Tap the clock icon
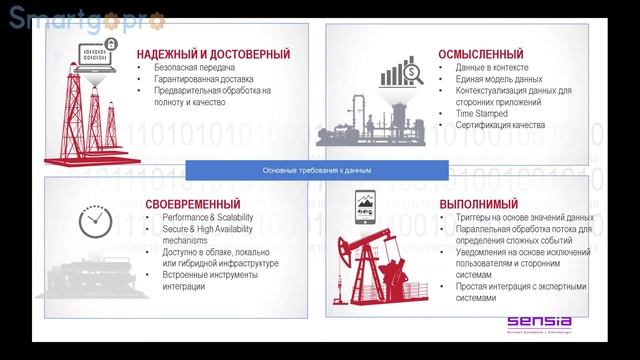(92, 219)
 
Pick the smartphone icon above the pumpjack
(363, 208)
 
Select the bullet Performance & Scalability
(205, 218)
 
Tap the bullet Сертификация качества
(500, 126)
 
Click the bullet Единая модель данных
(499, 79)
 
